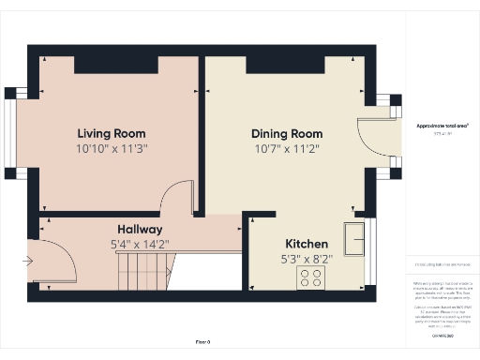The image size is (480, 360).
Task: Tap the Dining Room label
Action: (x=287, y=133)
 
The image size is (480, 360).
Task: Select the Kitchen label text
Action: (x=306, y=241)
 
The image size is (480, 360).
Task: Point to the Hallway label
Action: (x=140, y=230)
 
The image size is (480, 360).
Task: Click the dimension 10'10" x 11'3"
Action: (x=112, y=148)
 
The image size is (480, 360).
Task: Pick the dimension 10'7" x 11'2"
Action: (x=287, y=148)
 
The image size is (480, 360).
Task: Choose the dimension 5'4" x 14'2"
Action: (x=140, y=246)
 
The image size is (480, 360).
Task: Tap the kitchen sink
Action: (x=355, y=238)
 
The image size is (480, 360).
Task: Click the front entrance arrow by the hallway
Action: (x=29, y=260)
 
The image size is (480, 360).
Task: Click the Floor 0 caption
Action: (x=202, y=342)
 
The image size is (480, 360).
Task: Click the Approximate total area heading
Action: (x=442, y=126)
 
